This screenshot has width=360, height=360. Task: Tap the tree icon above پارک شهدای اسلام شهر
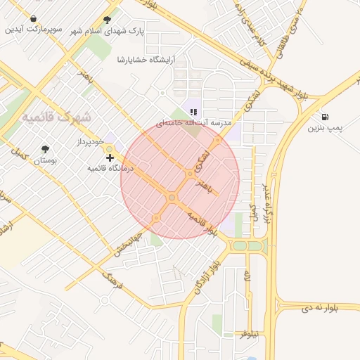(107, 20)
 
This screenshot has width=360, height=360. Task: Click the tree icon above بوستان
(46, 149)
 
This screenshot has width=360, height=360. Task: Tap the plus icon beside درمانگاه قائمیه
(110, 157)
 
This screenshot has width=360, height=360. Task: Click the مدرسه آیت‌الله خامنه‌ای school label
(193, 123)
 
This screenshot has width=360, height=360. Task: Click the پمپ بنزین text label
(325, 129)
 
